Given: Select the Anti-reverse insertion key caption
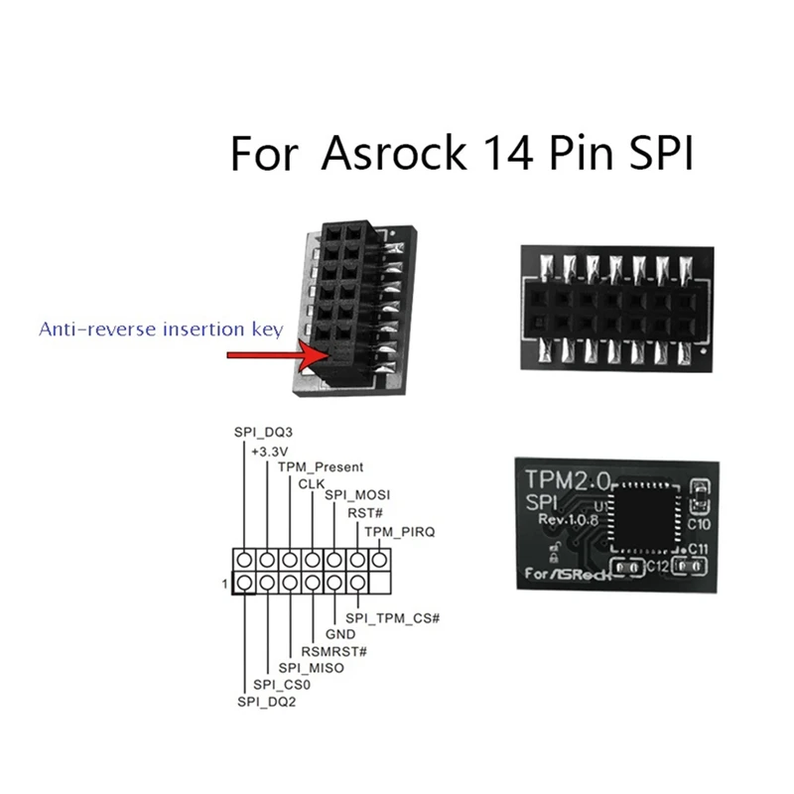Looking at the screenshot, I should pos(161,329).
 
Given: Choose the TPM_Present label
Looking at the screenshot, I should pos(320,466).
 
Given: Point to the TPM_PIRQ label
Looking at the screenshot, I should pos(400,532).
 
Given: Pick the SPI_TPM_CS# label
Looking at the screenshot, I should pos(392,617).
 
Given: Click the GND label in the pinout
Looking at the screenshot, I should pos(340,634).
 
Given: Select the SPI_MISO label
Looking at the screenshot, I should pos(310,668).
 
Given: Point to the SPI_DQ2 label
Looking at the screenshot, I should pos(265,701).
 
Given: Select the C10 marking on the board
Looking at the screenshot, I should pos(697,522).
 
